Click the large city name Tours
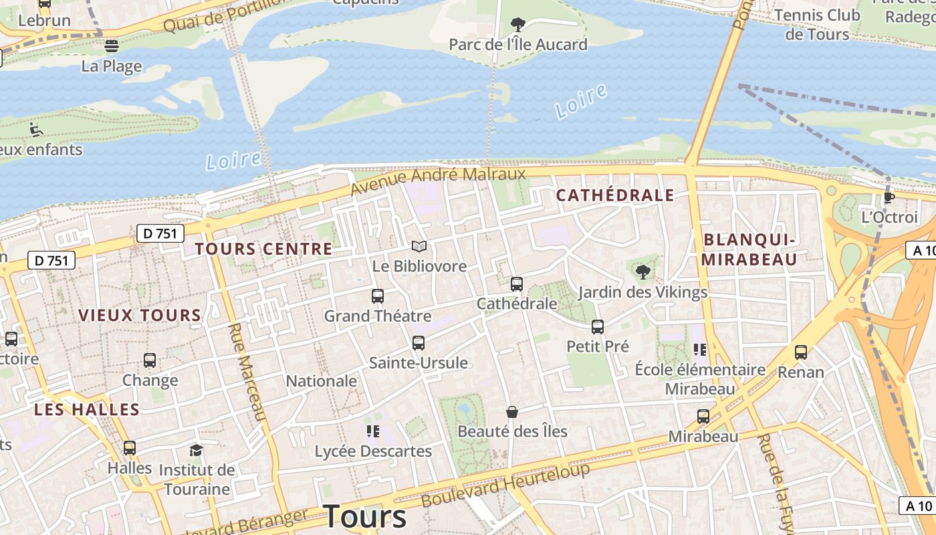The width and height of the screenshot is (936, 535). pyautogui.click(x=364, y=516)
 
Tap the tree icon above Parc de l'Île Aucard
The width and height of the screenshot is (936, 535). pyautogui.click(x=517, y=25)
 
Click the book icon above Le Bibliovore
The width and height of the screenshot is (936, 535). pyautogui.click(x=419, y=247)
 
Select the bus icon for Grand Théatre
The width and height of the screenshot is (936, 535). pyautogui.click(x=378, y=296)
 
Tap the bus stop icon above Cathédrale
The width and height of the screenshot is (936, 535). pyautogui.click(x=517, y=284)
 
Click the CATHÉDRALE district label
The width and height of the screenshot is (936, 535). pyautogui.click(x=615, y=195)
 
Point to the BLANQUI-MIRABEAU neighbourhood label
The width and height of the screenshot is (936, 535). pyautogui.click(x=750, y=249)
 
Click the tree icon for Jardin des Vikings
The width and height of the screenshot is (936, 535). pyautogui.click(x=643, y=272)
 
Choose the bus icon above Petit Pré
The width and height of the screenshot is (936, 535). pyautogui.click(x=598, y=327)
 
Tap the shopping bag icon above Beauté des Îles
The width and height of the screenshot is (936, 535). pyautogui.click(x=512, y=412)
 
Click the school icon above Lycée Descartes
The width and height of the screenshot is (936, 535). pyautogui.click(x=372, y=431)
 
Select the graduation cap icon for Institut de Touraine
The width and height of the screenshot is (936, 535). pyautogui.click(x=196, y=450)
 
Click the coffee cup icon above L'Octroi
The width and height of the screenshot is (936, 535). pyautogui.click(x=889, y=197)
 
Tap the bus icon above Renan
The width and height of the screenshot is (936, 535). pyautogui.click(x=801, y=352)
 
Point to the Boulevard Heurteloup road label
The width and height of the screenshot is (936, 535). pyautogui.click(x=506, y=485)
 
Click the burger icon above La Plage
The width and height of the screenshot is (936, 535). pyautogui.click(x=112, y=46)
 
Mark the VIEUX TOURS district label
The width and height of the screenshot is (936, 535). pyautogui.click(x=140, y=316)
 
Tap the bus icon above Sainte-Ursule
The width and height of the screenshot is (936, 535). pyautogui.click(x=419, y=343)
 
